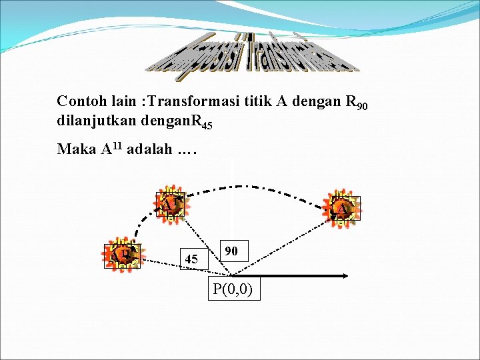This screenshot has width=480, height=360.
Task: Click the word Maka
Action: click(x=76, y=149)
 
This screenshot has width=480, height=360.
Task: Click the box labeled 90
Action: click(x=232, y=251)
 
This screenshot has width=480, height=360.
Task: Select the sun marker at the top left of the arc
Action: click(x=170, y=204)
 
